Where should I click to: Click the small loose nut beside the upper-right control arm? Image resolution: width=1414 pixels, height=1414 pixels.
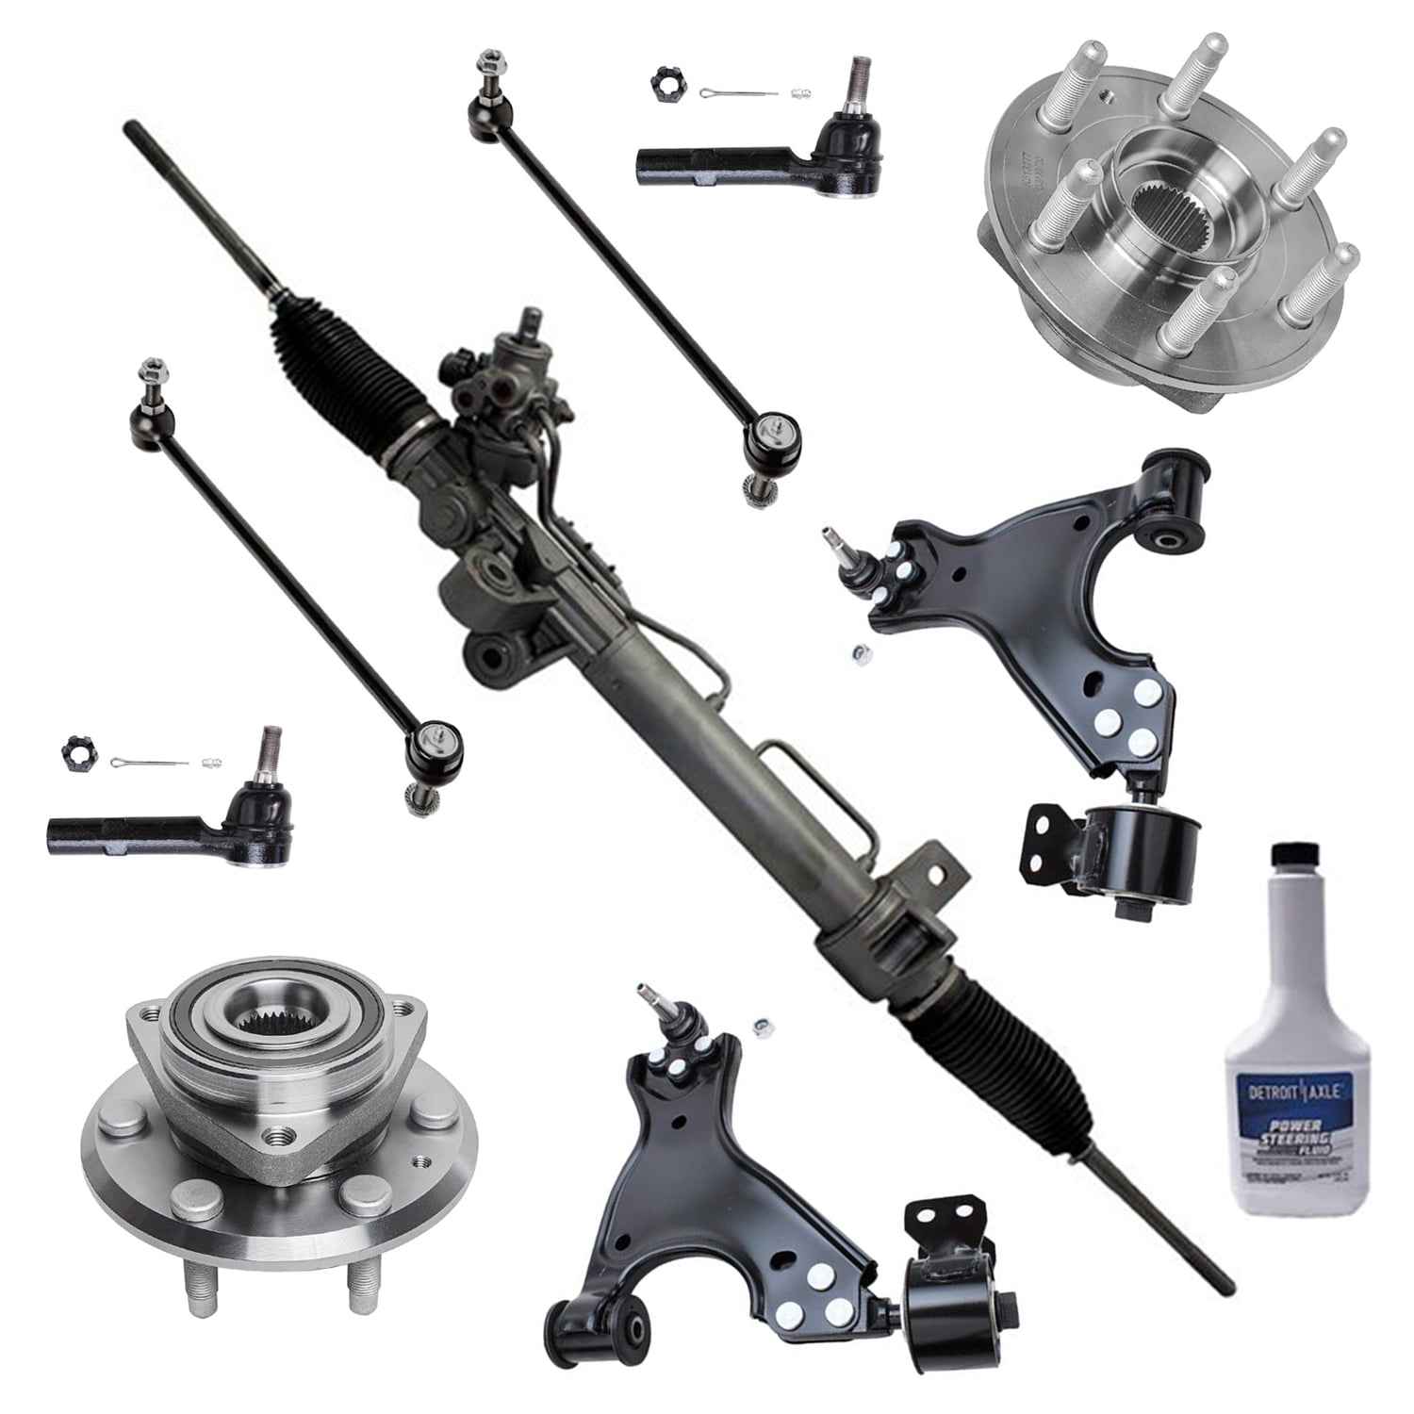click(x=859, y=651)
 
